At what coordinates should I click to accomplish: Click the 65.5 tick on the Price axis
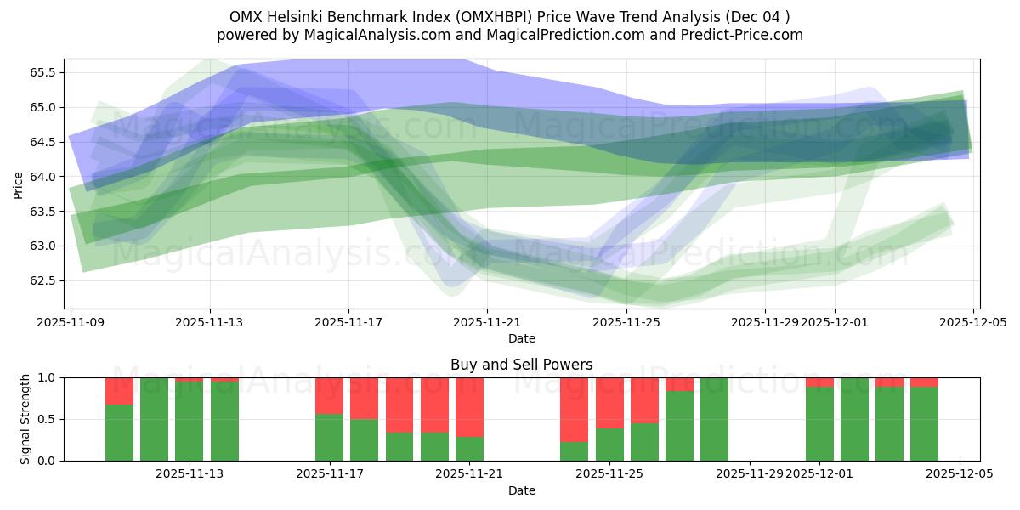pyautogui.click(x=41, y=72)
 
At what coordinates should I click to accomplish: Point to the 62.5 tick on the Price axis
pyautogui.click(x=41, y=280)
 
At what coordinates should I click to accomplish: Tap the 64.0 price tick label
pyautogui.click(x=41, y=177)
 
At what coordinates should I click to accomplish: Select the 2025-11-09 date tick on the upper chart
pyautogui.click(x=71, y=323)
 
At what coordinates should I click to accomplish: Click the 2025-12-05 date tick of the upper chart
pyautogui.click(x=972, y=323)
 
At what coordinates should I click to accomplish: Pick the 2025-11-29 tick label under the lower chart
pyautogui.click(x=751, y=474)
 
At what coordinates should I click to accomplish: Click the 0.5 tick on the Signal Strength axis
pyautogui.click(x=47, y=419)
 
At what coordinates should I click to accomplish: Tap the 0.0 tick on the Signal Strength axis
pyautogui.click(x=47, y=461)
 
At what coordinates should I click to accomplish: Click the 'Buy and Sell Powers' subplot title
pyautogui.click(x=521, y=365)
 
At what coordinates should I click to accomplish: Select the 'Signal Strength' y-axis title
pyautogui.click(x=25, y=419)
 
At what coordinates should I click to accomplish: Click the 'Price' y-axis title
pyautogui.click(x=19, y=184)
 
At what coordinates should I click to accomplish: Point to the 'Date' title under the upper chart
pyautogui.click(x=521, y=338)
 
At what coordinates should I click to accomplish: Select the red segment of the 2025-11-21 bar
pyautogui.click(x=469, y=406)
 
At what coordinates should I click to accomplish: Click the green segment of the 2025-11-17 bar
pyautogui.click(x=329, y=437)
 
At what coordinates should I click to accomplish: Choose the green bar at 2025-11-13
pyautogui.click(x=189, y=422)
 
